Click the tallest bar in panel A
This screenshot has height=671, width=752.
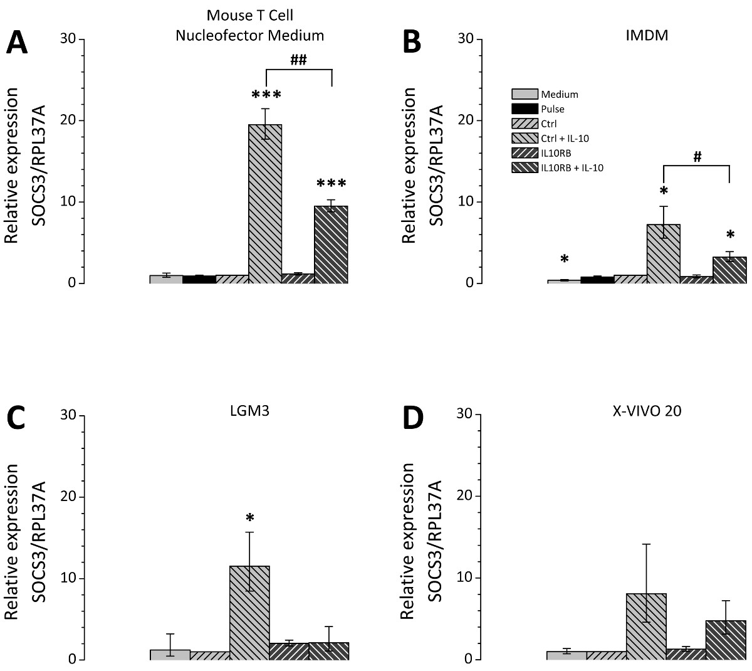[x=265, y=204]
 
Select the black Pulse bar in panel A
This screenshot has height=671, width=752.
[x=199, y=279]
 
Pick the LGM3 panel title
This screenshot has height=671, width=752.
[x=250, y=411]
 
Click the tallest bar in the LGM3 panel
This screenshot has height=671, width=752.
[x=249, y=612]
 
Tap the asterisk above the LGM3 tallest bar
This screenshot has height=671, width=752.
[x=250, y=518]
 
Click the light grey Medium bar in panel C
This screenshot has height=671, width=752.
[x=170, y=654]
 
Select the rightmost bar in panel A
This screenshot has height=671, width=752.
[x=331, y=245]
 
